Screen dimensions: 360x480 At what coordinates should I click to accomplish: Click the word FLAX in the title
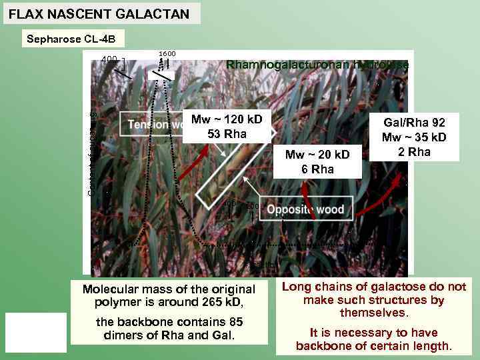(x=25, y=13)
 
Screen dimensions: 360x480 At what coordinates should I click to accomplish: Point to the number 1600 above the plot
(x=167, y=53)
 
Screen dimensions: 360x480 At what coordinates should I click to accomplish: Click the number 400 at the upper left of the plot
(x=109, y=59)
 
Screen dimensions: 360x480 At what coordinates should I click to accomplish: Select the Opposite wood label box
(x=305, y=209)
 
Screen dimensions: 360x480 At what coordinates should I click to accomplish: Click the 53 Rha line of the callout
(x=227, y=134)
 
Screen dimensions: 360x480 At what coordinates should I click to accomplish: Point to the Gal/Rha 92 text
(x=414, y=123)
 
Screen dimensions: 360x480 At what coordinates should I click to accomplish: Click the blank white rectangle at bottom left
(x=36, y=332)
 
